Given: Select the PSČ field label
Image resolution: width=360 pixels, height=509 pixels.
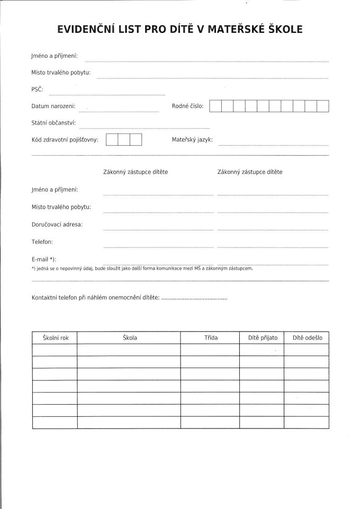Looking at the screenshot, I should [x=38, y=90].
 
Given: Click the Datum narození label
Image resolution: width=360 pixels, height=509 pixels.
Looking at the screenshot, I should [x=53, y=106].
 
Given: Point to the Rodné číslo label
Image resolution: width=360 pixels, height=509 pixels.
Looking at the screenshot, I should [x=187, y=106].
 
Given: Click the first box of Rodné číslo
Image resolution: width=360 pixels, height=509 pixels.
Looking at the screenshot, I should [x=215, y=106].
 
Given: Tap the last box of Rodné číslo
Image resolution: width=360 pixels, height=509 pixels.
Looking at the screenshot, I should [x=323, y=106].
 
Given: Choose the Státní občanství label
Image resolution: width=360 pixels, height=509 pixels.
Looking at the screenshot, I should [x=54, y=123].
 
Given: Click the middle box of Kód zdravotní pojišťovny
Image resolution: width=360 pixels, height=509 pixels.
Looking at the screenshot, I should [x=124, y=140].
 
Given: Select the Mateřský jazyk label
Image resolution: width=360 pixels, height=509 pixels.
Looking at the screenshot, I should [x=192, y=140].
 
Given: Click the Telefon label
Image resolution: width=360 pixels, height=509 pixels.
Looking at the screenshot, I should [x=42, y=242].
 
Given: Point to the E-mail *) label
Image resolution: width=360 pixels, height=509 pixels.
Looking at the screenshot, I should [x=44, y=260].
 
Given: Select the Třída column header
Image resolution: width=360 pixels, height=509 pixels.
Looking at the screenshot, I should [x=210, y=337].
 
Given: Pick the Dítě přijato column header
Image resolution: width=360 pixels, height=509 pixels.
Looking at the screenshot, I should [x=263, y=337].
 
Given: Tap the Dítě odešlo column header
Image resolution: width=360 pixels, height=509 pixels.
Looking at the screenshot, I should [x=307, y=337].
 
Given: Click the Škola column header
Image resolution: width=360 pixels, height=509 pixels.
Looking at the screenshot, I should [x=130, y=337].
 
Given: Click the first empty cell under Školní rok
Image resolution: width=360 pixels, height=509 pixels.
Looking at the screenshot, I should [x=55, y=350].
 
